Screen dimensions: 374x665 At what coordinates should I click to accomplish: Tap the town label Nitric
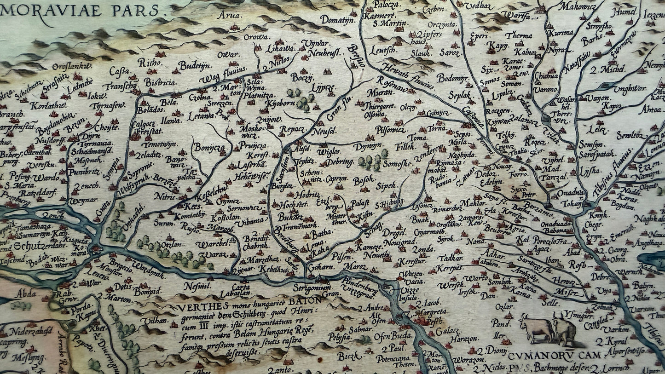(165, 196)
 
